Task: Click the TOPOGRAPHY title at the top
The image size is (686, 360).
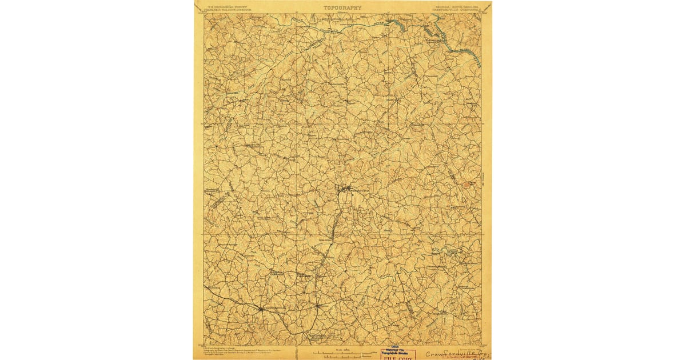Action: coord(342,8)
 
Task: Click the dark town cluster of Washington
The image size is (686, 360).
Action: coord(345,189)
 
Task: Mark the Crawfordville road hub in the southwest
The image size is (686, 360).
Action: coord(260,309)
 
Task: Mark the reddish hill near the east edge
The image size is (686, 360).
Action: coord(470,184)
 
